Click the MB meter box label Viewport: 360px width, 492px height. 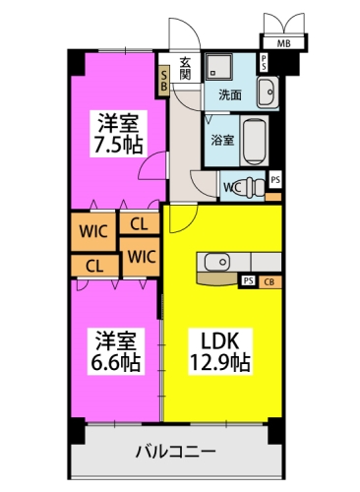(x=282, y=42)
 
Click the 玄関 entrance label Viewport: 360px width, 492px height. (x=185, y=73)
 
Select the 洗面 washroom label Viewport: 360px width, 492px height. (x=230, y=95)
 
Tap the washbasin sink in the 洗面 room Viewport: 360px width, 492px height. (x=268, y=92)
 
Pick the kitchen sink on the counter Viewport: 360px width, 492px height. (x=216, y=261)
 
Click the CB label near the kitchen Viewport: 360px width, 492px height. (x=269, y=281)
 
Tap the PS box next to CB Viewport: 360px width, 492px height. (x=248, y=281)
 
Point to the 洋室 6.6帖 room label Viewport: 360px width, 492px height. (x=116, y=352)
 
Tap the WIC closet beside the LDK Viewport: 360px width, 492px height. (x=141, y=257)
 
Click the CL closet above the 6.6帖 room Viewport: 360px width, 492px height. (x=94, y=265)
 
